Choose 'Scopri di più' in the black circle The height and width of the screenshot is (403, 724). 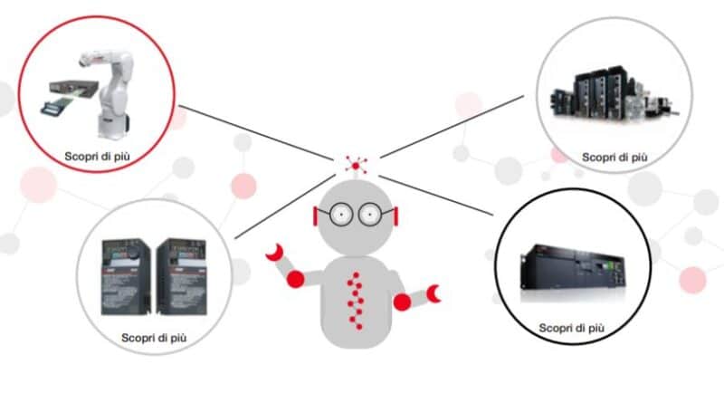[x=571, y=327]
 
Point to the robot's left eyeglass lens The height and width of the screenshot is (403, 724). [x=341, y=215]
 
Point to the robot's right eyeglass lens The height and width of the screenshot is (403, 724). [x=370, y=215]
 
